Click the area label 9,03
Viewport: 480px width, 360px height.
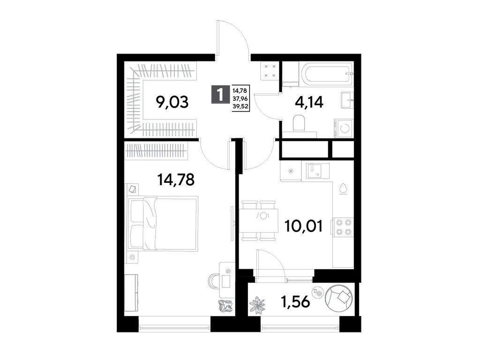(172, 102)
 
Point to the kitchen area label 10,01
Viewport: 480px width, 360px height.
(303, 227)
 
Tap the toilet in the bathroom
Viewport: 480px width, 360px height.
(298, 125)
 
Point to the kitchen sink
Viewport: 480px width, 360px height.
(317, 171)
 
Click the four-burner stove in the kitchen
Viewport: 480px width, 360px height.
(343, 226)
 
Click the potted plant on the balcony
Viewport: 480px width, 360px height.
(257, 305)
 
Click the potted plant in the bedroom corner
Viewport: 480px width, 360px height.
(225, 305)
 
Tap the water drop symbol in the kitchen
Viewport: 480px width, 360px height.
(344, 187)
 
